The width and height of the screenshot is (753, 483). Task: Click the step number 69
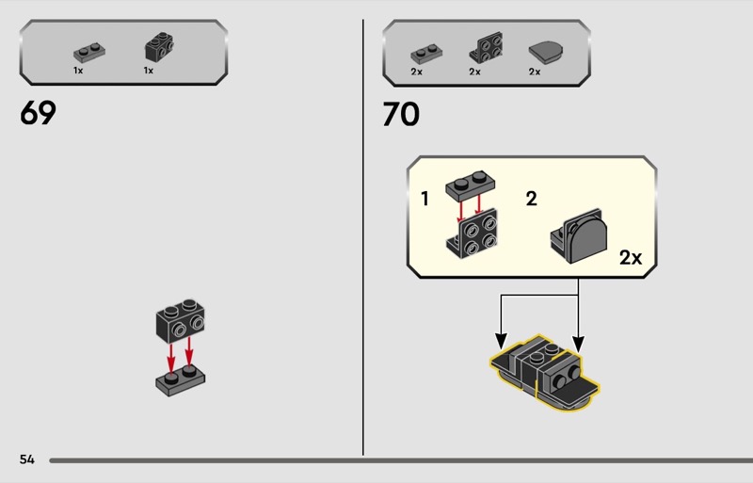38,113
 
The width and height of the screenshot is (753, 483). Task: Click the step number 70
401,114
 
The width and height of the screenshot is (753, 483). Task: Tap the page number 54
27,459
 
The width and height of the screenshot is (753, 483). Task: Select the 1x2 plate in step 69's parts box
89,53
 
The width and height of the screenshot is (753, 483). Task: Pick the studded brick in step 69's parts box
159,47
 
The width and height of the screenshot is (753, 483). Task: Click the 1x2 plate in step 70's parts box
426,55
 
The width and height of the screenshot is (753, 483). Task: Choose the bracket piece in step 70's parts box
487,48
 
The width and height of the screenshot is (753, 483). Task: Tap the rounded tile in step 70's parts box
546,52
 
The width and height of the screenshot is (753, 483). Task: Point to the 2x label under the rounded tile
535,72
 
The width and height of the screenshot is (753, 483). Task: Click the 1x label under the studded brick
149,71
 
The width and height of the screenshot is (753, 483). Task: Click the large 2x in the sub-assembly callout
631,258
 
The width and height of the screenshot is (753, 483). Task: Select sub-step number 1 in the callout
425,199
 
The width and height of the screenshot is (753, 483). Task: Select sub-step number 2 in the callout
531,199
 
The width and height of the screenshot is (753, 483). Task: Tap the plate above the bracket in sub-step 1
471,185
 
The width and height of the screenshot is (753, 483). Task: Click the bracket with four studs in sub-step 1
473,234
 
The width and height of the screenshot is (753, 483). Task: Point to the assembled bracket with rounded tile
579,236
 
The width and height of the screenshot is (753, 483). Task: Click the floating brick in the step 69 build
180,320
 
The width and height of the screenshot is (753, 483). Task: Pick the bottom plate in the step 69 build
180,381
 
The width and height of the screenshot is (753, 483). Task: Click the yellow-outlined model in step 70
545,373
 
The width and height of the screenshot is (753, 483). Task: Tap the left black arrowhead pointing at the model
501,340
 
